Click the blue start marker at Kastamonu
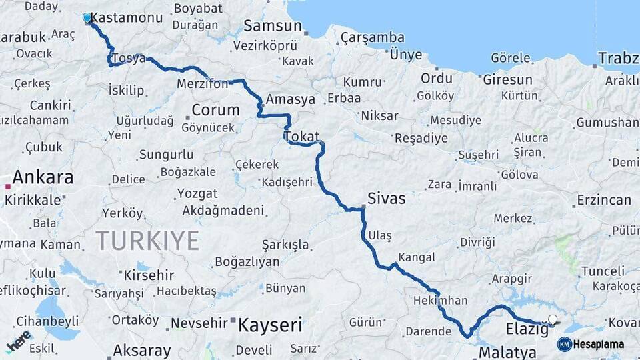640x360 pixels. tap(87, 17)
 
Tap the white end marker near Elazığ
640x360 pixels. tap(552, 320)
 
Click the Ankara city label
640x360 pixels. tap(43, 177)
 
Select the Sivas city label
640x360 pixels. tap(387, 199)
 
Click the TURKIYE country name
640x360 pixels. tap(147, 240)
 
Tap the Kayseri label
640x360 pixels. tap(270, 325)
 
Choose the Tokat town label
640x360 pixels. tap(302, 136)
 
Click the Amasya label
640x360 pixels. tap(290, 99)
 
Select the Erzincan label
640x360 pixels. tap(603, 200)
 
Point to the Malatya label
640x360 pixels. tap(507, 352)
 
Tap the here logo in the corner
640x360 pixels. tap(19, 341)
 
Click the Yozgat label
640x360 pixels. tap(197, 193)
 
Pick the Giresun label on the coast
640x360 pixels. tap(507, 80)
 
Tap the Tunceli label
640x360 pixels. tap(603, 271)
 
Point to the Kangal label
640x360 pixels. tap(417, 257)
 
